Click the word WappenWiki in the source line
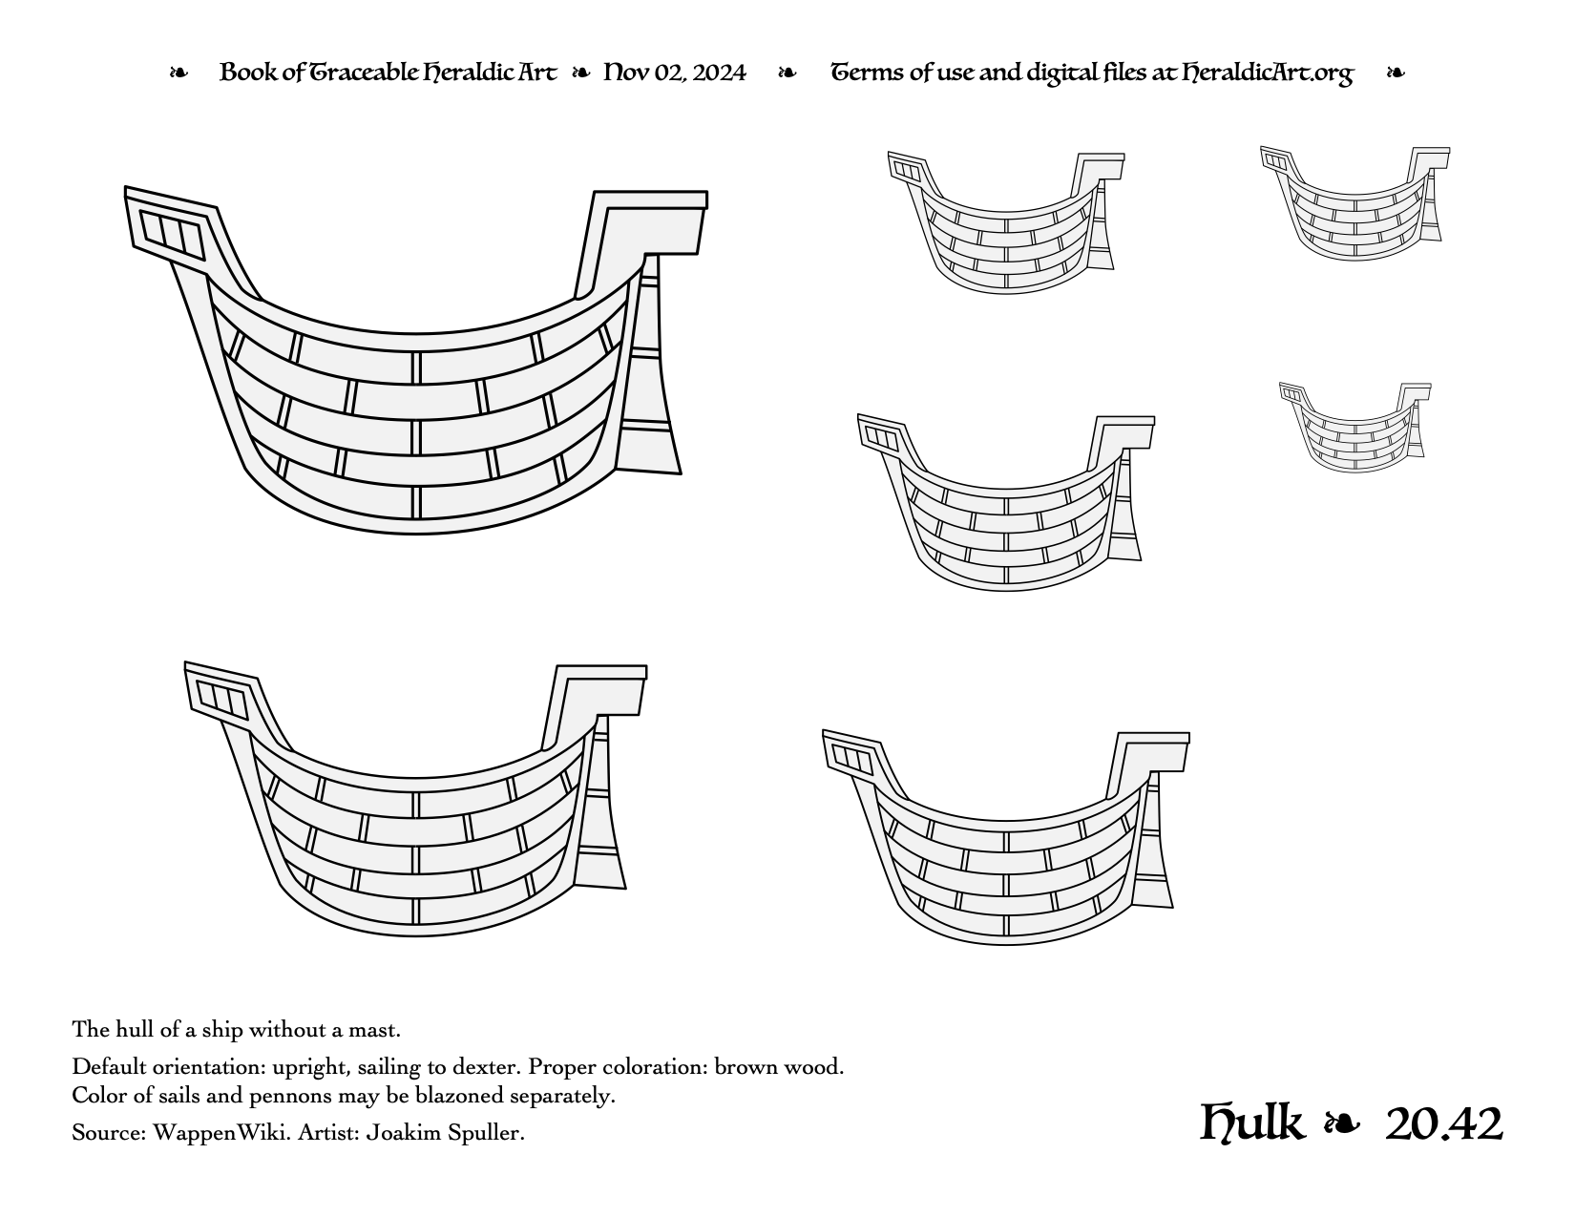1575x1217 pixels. click(221, 1132)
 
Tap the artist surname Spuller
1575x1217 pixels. click(485, 1133)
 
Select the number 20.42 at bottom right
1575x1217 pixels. click(1444, 1124)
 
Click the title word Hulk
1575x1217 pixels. click(1251, 1123)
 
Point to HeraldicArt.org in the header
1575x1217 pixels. click(1268, 73)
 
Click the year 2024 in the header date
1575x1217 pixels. click(718, 73)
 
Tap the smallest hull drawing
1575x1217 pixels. click(1354, 427)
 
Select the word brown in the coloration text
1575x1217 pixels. click(743, 1067)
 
